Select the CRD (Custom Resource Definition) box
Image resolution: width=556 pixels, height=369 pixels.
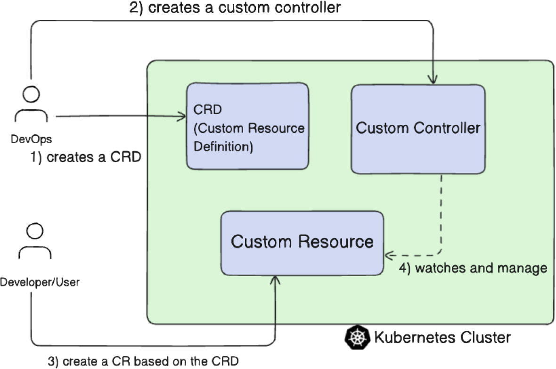point(248,126)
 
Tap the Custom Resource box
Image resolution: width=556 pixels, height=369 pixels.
point(302,243)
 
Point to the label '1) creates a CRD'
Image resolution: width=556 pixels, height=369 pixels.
point(86,157)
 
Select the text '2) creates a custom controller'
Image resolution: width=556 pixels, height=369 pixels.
point(234,8)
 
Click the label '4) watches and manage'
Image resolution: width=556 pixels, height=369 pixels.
point(473,268)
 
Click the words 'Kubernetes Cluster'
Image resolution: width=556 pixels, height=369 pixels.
point(442,337)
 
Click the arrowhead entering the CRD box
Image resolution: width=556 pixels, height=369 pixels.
point(182,116)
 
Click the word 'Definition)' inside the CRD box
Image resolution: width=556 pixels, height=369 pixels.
point(223,147)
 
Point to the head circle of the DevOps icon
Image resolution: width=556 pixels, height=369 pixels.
point(32,95)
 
